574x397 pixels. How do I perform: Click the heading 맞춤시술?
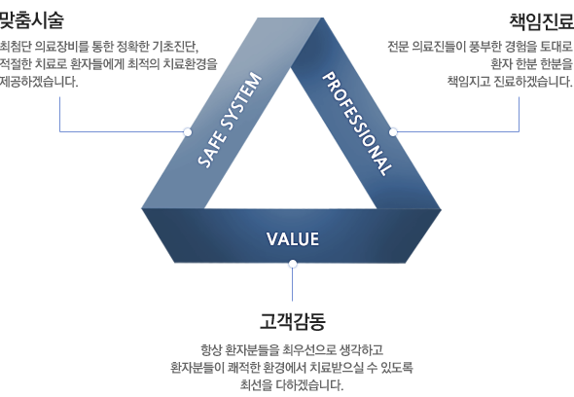(x=31, y=20)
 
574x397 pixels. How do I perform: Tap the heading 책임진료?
(x=542, y=21)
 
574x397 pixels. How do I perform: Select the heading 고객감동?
(x=293, y=321)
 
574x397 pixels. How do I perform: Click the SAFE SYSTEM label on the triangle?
(x=230, y=120)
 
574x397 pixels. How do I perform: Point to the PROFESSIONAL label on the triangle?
(x=357, y=124)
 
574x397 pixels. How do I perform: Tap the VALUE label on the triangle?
(x=293, y=239)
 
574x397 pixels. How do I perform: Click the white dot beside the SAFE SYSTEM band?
(x=188, y=131)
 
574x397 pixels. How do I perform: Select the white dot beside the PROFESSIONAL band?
(x=393, y=131)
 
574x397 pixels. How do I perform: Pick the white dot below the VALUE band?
(x=293, y=264)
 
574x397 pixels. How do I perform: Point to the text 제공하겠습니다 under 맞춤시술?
(x=39, y=82)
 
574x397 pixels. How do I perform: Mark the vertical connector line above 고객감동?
(x=293, y=284)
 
